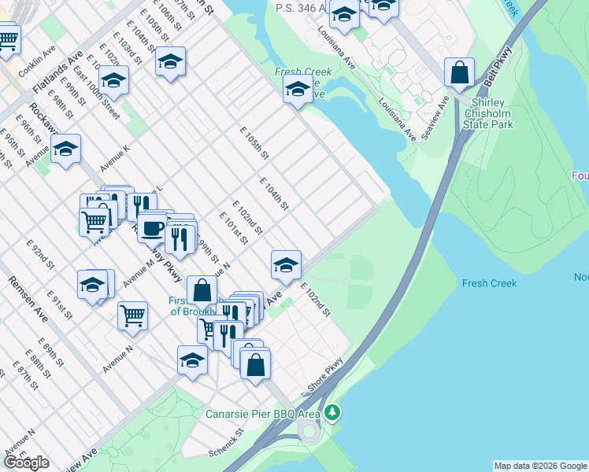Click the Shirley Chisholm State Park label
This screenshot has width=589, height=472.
(x=493, y=113)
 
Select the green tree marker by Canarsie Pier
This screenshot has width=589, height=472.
(x=333, y=412)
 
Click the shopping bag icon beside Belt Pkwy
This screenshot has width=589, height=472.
(x=459, y=73)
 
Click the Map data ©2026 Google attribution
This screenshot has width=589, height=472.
(x=540, y=466)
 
